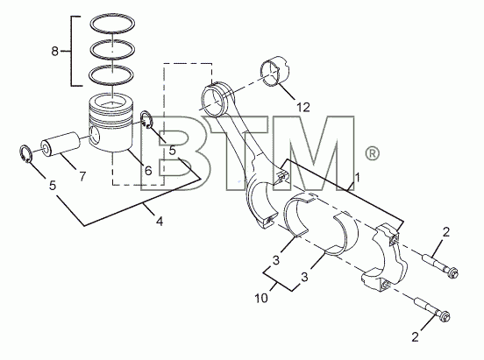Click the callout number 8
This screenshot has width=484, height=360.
pyautogui.click(x=54, y=51)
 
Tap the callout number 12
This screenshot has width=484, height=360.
pyautogui.click(x=302, y=107)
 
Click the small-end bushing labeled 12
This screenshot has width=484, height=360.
pyautogui.click(x=275, y=70)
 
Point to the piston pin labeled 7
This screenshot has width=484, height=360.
pyautogui.click(x=60, y=144)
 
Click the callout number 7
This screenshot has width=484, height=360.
pyautogui.click(x=82, y=176)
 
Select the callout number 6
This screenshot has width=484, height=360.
pyautogui.click(x=148, y=170)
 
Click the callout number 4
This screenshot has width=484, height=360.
pyautogui.click(x=160, y=222)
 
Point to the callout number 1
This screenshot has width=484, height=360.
pyautogui.click(x=358, y=178)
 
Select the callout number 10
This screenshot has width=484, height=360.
pyautogui.click(x=261, y=299)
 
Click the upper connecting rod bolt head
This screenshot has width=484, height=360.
pyautogui.click(x=452, y=272)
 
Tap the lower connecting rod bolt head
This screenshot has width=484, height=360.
pyautogui.click(x=444, y=316)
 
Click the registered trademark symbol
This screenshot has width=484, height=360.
pyautogui.click(x=372, y=153)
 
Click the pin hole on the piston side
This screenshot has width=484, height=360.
pyautogui.click(x=94, y=136)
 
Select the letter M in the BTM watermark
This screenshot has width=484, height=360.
pyautogui.click(x=310, y=153)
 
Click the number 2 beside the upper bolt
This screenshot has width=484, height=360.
pyautogui.click(x=446, y=232)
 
